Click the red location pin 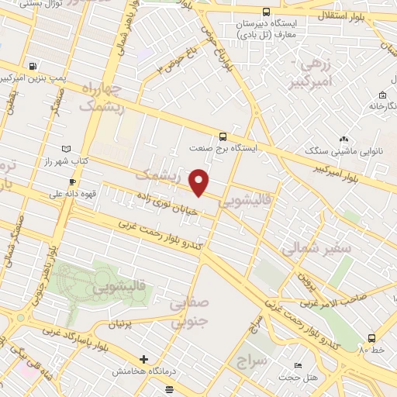(x=200, y=181)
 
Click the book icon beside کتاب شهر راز (x=66, y=148)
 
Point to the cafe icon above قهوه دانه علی (x=72, y=181)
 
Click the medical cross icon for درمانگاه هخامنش (x=143, y=360)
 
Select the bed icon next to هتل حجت (x=299, y=365)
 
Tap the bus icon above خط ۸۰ (x=371, y=338)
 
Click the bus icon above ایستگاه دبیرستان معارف (x=266, y=12)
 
